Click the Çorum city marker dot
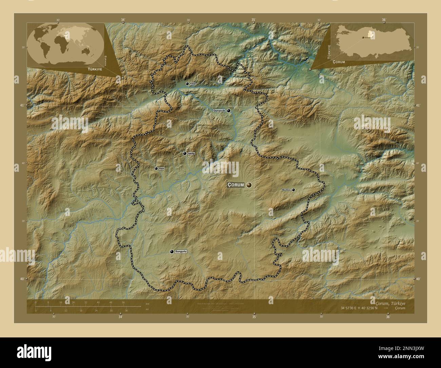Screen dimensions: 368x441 coord(249,185)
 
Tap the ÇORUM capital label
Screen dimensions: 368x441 coord(235,185)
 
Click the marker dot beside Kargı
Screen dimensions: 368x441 coord(187,84)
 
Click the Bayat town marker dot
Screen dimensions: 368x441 coord(156,168)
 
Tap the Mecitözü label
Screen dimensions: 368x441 coord(286,190)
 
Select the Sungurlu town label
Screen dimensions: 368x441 coord(181,252)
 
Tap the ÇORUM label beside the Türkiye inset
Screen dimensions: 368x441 coord(339,62)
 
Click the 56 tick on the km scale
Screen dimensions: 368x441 coord(123,302)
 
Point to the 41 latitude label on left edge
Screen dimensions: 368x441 coord(22,106)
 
